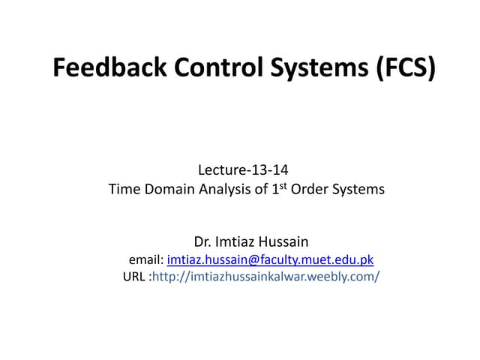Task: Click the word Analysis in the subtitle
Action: [222, 190]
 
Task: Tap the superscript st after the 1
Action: [283, 185]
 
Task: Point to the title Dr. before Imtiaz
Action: [203, 242]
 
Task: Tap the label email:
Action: [146, 259]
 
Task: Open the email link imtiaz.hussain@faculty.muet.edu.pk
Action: [270, 259]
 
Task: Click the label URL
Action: [133, 277]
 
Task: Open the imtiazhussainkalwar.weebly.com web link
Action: [265, 277]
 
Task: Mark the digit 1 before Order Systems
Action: [275, 190]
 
